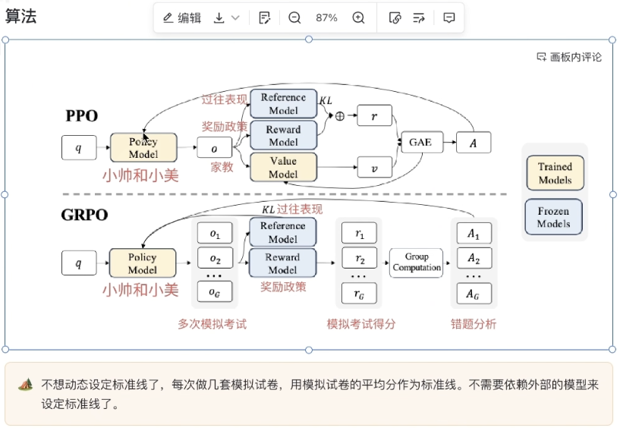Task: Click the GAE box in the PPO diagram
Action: point(420,143)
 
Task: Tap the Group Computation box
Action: point(416,263)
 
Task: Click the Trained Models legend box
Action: point(555,173)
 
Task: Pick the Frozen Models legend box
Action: point(555,217)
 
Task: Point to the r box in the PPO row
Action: point(374,115)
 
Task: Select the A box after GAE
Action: point(474,143)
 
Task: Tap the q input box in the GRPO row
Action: point(79,263)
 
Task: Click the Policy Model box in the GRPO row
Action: point(143,263)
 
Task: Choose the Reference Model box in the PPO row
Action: point(283,103)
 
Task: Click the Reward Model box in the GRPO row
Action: point(282,263)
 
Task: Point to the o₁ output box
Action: point(215,232)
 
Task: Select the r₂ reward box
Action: point(360,260)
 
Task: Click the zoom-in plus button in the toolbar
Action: point(359,18)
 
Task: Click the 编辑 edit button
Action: point(182,18)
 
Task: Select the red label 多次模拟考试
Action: point(212,324)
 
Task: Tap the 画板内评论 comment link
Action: point(569,57)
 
